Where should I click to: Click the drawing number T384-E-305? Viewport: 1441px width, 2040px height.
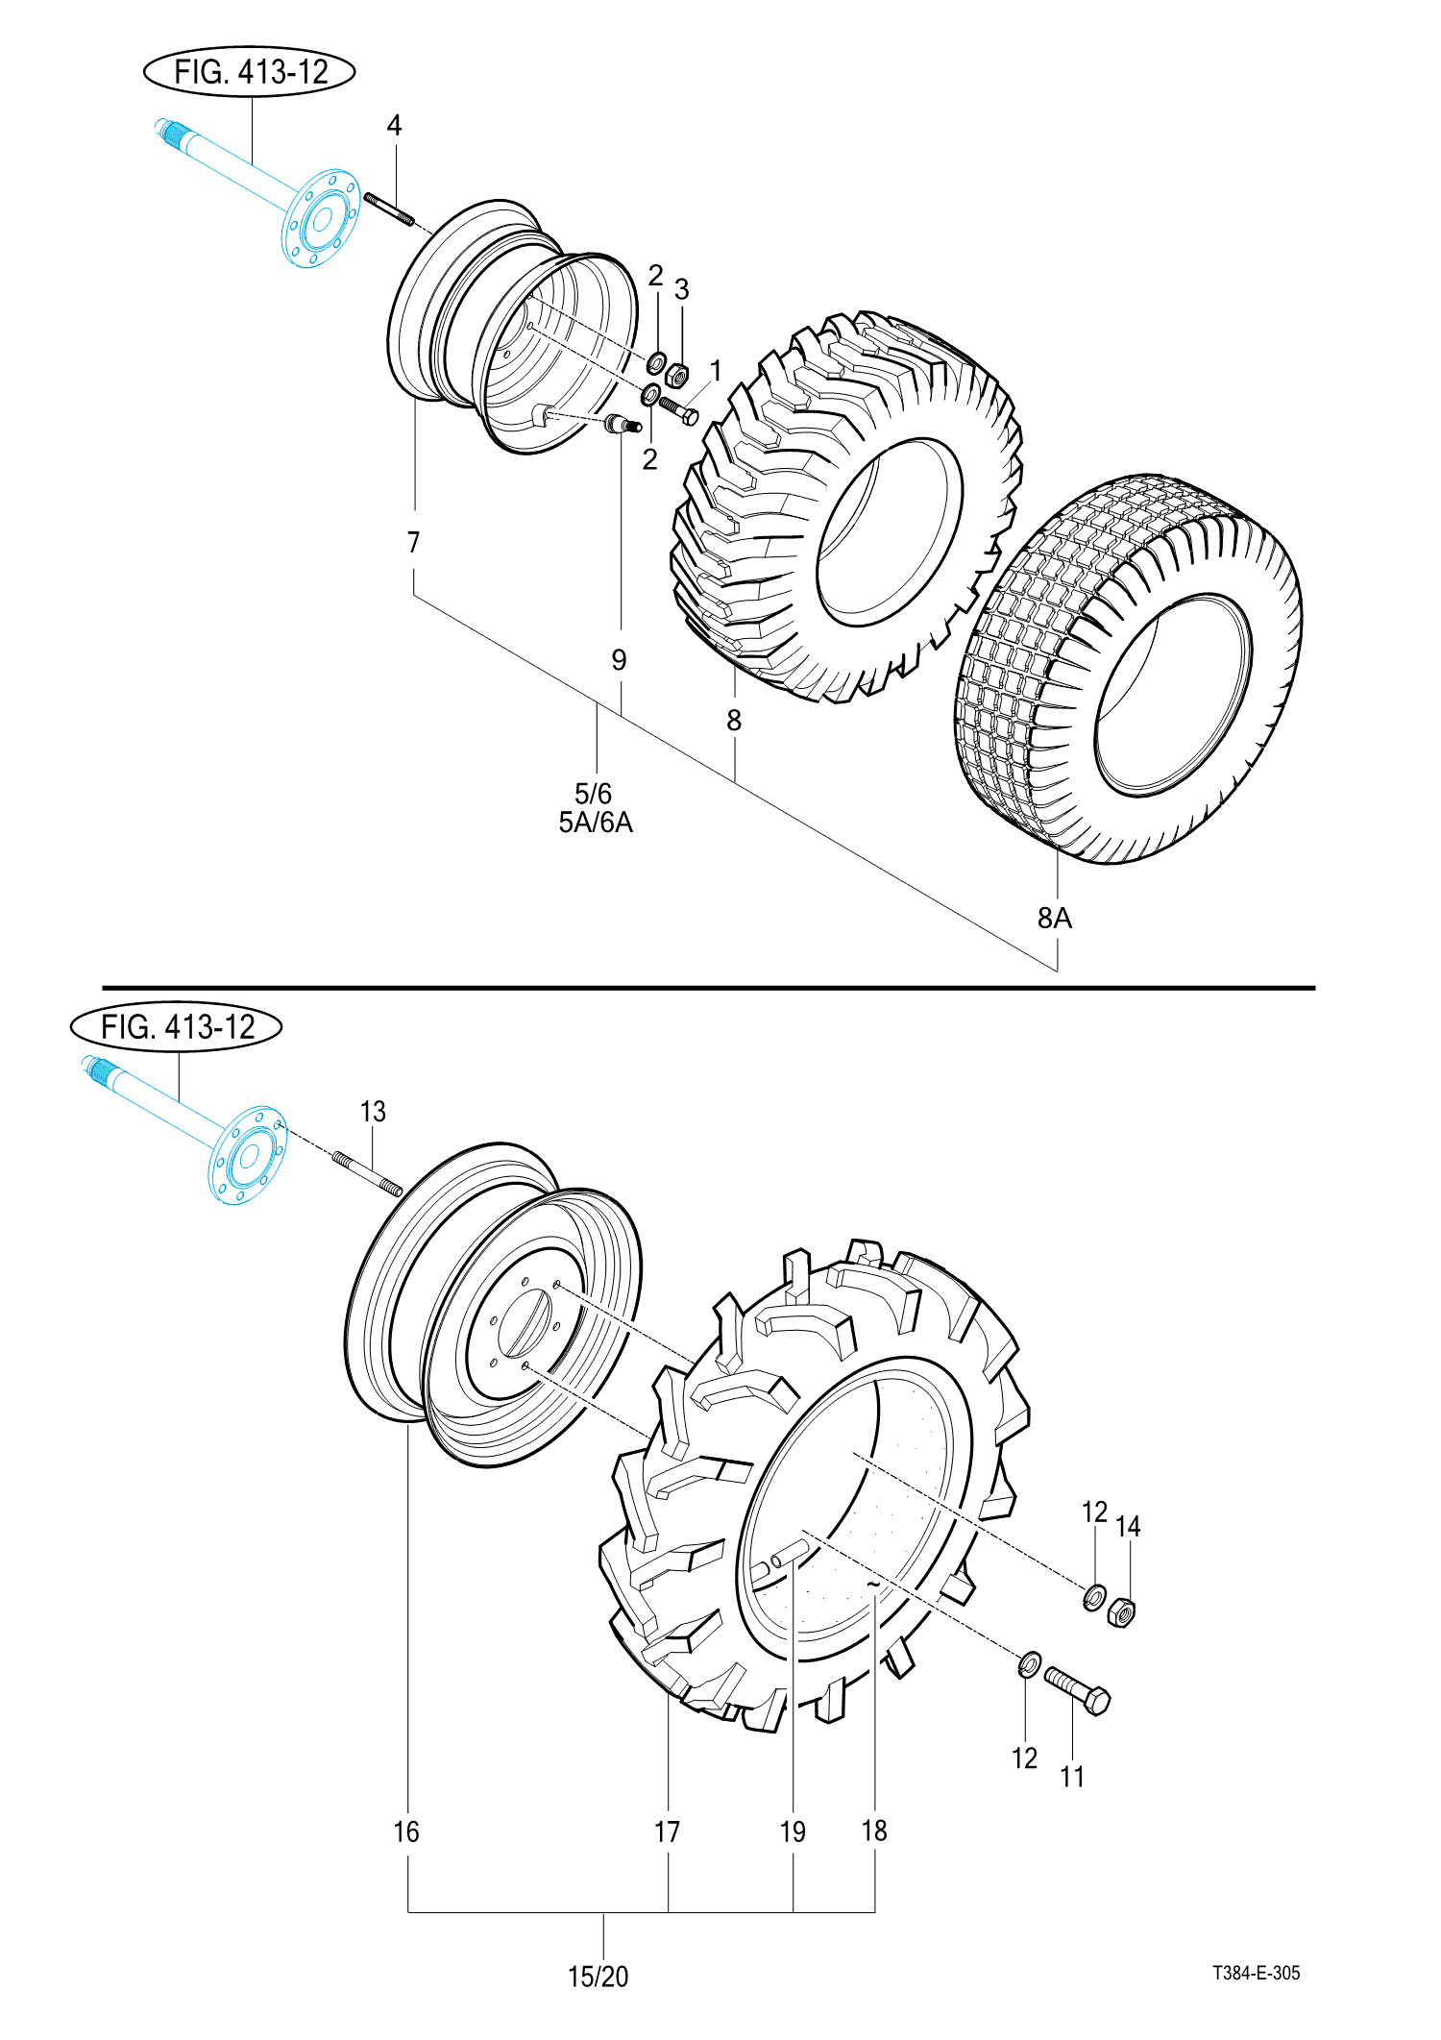(1256, 1973)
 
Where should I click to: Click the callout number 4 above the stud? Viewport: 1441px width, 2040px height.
(394, 125)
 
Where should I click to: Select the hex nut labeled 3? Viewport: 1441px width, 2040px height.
(677, 373)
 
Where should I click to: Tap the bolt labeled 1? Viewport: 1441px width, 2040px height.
(679, 410)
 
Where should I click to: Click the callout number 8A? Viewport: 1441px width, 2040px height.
(1054, 918)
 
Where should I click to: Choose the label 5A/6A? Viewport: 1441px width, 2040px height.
(596, 823)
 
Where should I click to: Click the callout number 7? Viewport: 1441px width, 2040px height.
(414, 543)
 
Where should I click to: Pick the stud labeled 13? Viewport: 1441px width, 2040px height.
(368, 1173)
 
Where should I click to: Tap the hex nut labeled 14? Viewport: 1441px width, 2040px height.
(1121, 1611)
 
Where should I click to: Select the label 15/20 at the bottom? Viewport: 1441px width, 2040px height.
(598, 1977)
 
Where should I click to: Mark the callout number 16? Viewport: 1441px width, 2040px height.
(406, 1831)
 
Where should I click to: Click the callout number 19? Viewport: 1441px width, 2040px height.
(793, 1831)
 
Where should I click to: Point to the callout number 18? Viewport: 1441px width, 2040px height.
(874, 1831)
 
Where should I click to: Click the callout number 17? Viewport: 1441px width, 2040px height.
(668, 1831)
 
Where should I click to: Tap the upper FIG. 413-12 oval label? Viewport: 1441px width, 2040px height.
(250, 72)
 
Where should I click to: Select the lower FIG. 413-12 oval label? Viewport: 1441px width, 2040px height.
(177, 1027)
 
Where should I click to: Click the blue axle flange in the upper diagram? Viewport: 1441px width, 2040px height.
(321, 218)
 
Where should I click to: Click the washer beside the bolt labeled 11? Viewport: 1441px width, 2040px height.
(1029, 1663)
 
